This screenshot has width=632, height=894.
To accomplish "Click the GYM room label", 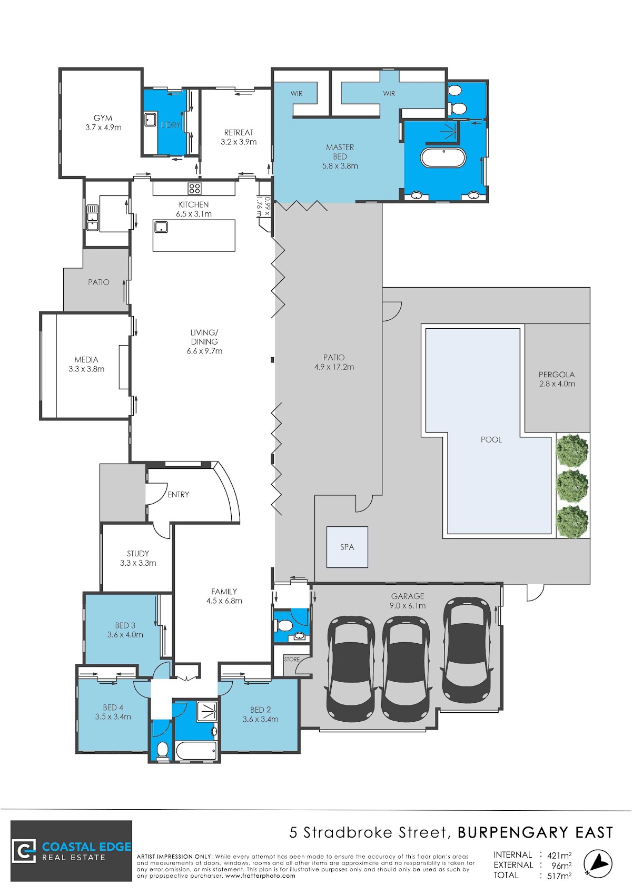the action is click(103, 118).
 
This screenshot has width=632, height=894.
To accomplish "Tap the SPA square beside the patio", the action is click(347, 547).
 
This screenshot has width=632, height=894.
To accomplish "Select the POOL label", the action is click(491, 439).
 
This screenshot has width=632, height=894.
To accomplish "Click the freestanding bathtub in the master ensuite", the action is click(443, 158).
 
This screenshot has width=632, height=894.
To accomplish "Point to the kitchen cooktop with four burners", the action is click(194, 188).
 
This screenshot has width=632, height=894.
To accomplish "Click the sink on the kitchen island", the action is click(161, 228).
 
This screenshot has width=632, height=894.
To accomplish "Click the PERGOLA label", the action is click(557, 375).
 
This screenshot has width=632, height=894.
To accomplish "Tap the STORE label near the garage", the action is click(292, 660).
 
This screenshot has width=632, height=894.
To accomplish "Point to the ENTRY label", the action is click(179, 495).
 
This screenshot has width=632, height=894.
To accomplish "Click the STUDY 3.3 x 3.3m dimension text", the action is click(138, 563).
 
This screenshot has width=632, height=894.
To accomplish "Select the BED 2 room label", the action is click(261, 710).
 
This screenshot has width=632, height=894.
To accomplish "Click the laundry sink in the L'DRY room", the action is click(151, 120).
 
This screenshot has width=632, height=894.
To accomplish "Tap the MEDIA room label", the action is click(86, 360).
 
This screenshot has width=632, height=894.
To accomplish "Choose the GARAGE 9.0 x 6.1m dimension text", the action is click(408, 605).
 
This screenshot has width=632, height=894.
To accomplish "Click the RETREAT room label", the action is click(239, 133).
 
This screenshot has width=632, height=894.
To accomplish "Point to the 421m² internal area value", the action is click(559, 856).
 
